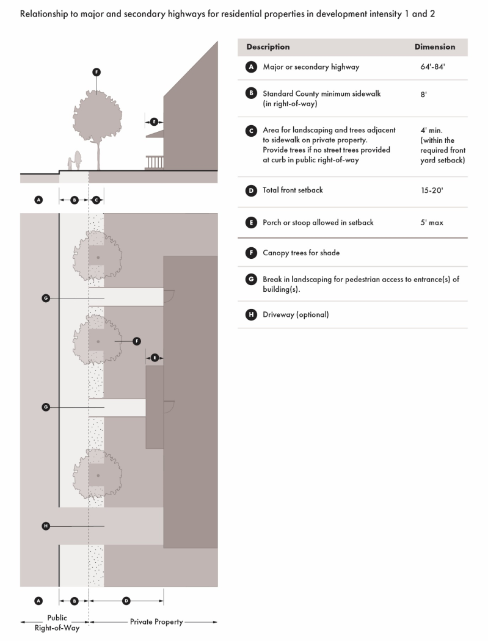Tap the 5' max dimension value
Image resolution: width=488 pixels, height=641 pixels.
[432, 223]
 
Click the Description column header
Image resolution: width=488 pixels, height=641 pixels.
[268, 47]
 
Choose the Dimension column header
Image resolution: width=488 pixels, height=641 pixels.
[435, 47]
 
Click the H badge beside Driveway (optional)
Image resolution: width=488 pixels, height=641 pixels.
[250, 315]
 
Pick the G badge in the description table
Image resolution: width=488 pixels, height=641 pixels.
[250, 280]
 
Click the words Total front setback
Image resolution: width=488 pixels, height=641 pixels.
[293, 190]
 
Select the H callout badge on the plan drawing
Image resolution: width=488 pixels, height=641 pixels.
[46, 526]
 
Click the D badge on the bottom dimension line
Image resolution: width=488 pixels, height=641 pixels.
[126, 601]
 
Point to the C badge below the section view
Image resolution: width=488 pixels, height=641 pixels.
[96, 200]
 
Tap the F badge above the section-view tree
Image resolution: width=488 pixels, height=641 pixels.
[96, 72]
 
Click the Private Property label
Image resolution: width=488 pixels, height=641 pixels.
[156, 622]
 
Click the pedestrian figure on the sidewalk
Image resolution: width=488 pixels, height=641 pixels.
[77, 161]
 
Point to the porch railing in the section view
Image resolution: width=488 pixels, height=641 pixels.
[155, 162]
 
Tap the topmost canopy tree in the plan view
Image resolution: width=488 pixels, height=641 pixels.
[98, 256]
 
